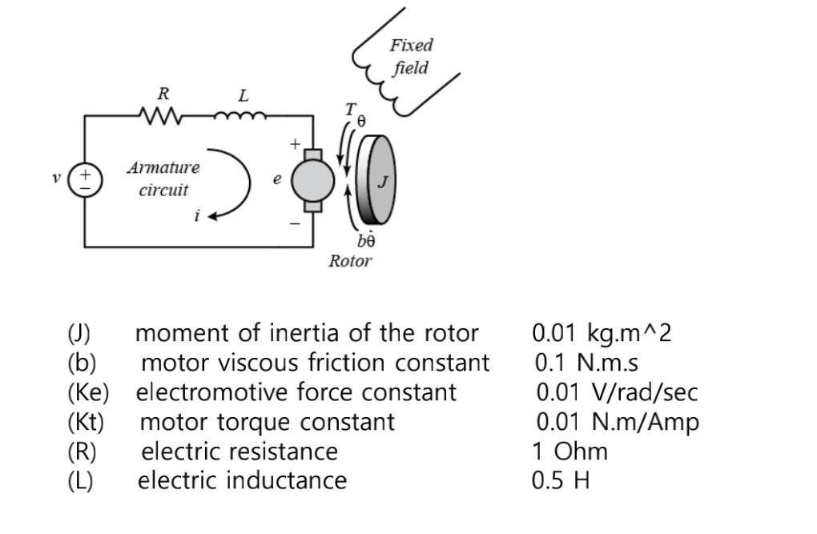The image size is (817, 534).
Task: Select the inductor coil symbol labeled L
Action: point(240,117)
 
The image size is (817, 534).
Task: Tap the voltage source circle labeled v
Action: point(84,180)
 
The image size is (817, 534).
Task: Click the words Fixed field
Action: point(411,56)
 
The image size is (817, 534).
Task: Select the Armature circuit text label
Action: point(163,179)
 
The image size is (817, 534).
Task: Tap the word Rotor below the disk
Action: point(350,261)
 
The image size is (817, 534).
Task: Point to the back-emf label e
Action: point(277,179)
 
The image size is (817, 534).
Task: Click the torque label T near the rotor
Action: point(350,110)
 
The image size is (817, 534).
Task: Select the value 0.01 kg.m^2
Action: point(602,332)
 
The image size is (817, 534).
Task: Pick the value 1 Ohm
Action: point(569,451)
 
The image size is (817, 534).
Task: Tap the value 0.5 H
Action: point(561,480)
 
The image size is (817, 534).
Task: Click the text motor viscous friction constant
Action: point(315,363)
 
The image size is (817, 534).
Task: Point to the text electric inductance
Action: point(243,480)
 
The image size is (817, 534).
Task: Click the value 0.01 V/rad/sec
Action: point(617,392)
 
